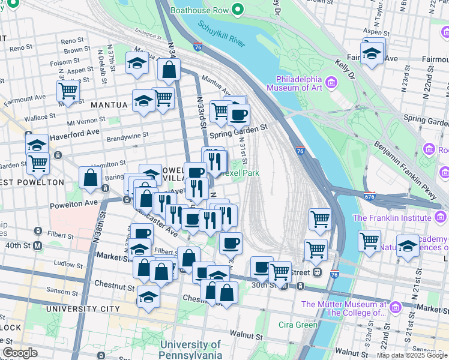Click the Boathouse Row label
coord(200,10)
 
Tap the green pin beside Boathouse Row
coord(238,10)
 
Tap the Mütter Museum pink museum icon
coord(395,308)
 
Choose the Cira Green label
coord(298,325)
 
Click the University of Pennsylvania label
coord(191,349)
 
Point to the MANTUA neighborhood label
coord(109,105)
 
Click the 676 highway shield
coord(370,196)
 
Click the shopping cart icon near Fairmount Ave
coord(68,92)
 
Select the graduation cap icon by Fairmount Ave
coord(372,53)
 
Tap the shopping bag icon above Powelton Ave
coord(89,178)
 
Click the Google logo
coord(20,353)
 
